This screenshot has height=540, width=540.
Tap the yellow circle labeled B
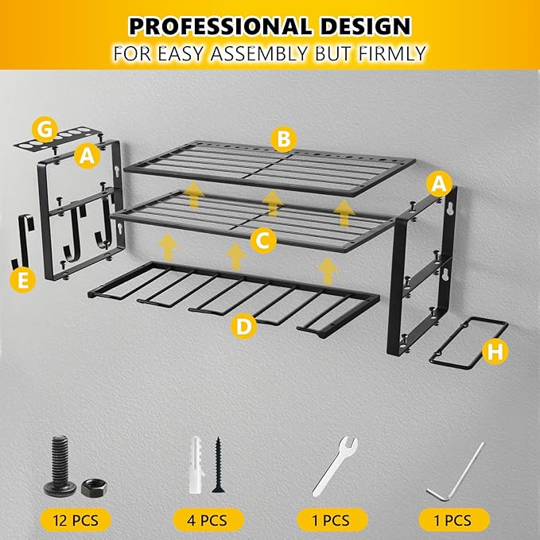point(282,141)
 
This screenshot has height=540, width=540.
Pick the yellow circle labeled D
point(244,324)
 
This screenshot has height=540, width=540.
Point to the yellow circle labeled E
point(23,279)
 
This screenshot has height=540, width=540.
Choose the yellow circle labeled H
point(495,352)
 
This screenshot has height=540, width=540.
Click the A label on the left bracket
point(87,157)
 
